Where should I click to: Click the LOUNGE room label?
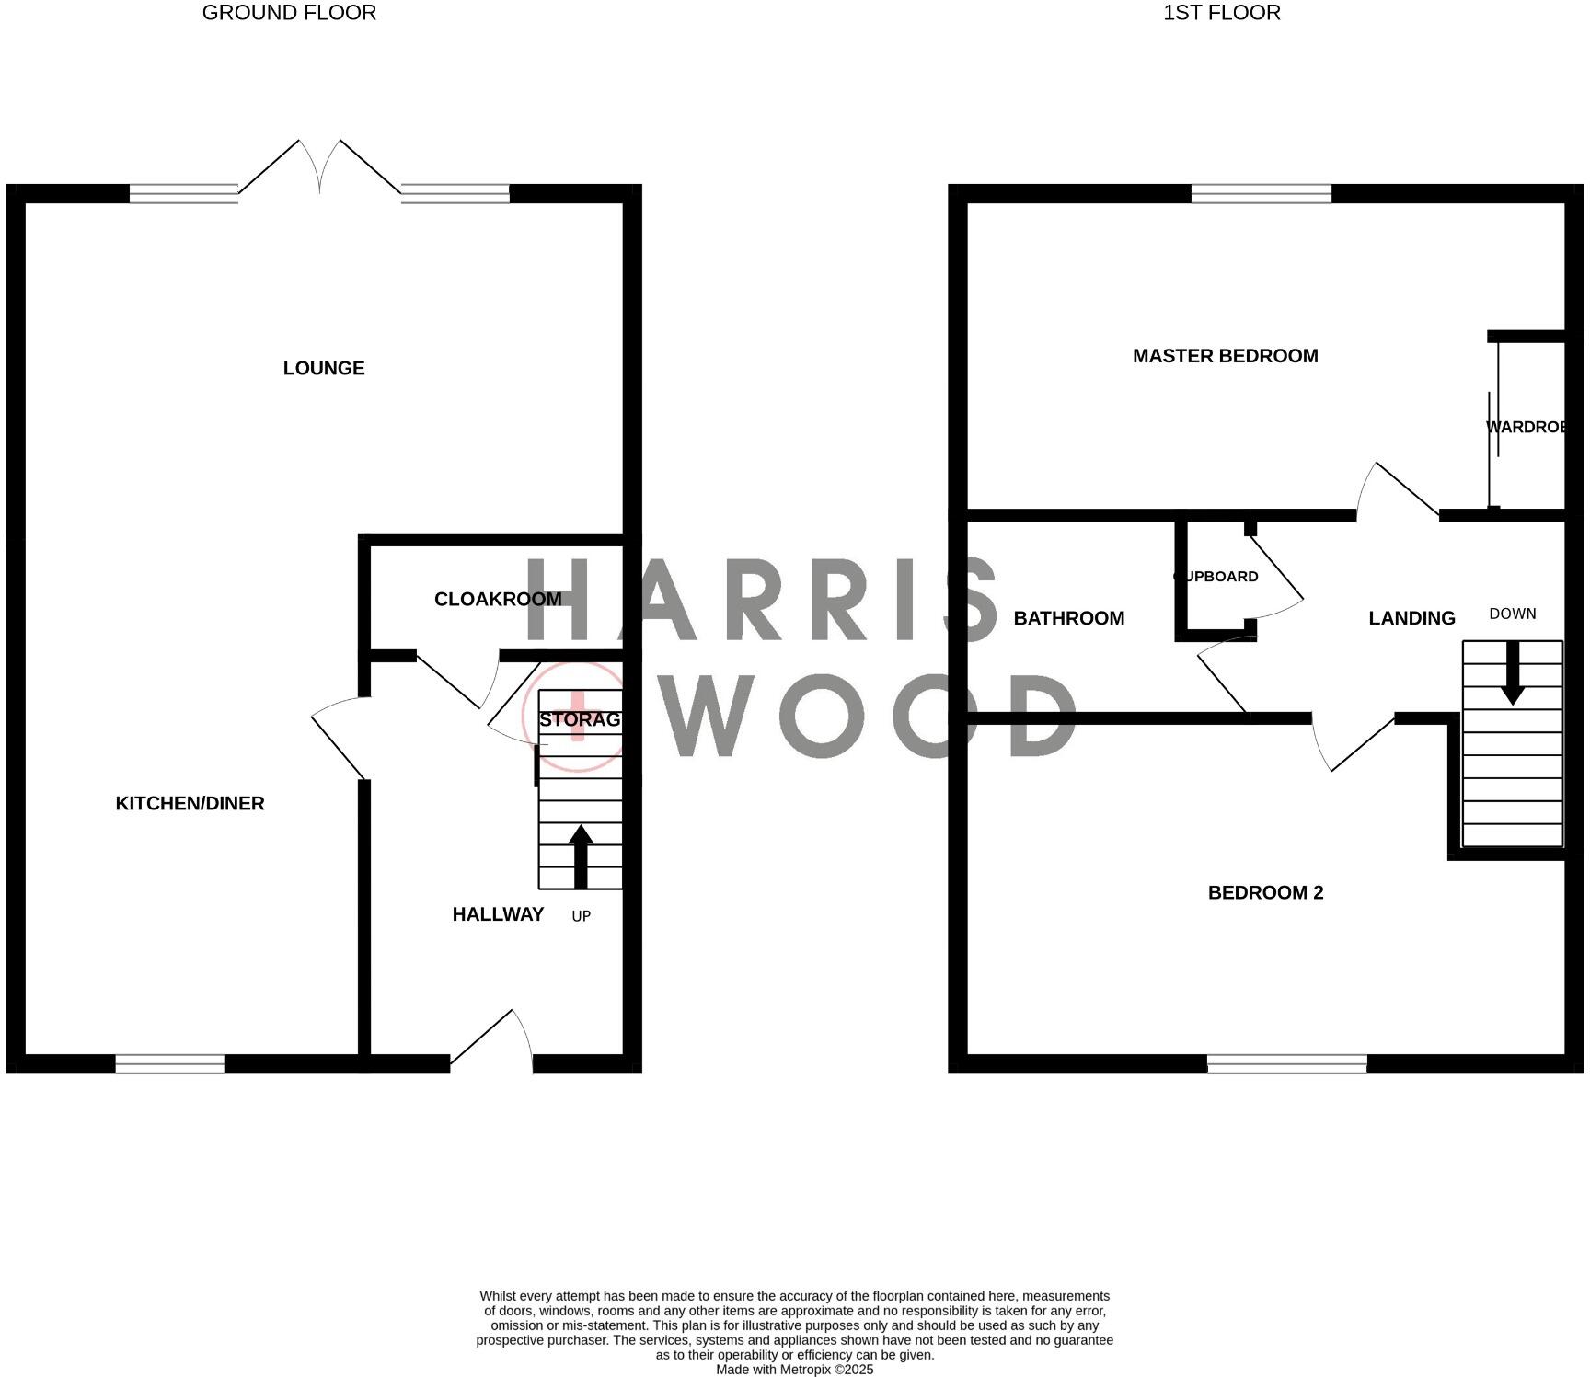[x=324, y=368]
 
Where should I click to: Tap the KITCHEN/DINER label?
[x=190, y=803]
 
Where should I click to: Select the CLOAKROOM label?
[x=498, y=599]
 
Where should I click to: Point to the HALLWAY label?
[x=498, y=913]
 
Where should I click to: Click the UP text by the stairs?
[x=581, y=916]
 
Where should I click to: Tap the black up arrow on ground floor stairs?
[x=580, y=856]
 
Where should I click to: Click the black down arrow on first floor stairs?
[x=1512, y=674]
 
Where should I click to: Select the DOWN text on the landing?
[x=1512, y=614]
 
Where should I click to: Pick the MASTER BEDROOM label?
[x=1225, y=356]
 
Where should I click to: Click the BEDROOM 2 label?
[x=1265, y=892]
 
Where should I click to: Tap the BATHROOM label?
[x=1068, y=618]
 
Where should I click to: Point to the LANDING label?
[x=1411, y=618]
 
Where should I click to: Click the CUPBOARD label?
[x=1216, y=577]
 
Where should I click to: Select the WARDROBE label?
[x=1526, y=427]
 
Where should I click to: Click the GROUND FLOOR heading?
[x=289, y=13]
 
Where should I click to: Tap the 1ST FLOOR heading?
[x=1221, y=13]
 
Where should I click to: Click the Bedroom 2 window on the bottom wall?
[x=1286, y=1063]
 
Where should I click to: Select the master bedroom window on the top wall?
[x=1261, y=193]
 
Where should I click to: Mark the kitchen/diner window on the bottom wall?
[x=169, y=1063]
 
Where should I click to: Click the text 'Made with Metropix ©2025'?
[x=794, y=1369]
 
